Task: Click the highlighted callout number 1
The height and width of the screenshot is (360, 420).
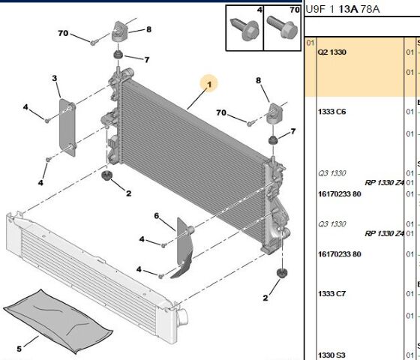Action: click(209, 84)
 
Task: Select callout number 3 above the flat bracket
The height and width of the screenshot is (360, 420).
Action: click(54, 78)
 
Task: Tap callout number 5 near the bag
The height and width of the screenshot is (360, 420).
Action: click(19, 349)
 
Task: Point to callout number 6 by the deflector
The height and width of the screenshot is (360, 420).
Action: click(157, 216)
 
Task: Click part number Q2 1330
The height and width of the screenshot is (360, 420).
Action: click(331, 52)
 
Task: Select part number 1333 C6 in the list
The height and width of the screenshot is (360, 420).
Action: click(331, 112)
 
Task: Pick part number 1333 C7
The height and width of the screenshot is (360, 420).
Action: click(331, 293)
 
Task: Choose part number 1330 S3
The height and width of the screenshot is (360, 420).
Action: click(331, 355)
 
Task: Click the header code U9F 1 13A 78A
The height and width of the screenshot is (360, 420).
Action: click(343, 9)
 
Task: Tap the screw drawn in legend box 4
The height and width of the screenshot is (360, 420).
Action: click(244, 29)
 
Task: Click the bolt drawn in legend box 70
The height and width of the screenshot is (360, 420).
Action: click(282, 27)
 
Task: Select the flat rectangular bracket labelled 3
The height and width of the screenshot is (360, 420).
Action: click(67, 127)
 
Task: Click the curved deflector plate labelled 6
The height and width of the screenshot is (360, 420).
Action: click(184, 247)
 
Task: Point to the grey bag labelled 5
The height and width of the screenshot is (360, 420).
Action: click(58, 321)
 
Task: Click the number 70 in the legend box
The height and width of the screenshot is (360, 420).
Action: click(295, 10)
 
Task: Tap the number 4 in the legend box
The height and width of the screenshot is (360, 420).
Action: click(259, 10)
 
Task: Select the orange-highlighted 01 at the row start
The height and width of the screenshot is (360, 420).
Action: click(310, 43)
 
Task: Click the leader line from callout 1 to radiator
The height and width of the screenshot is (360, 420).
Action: click(196, 99)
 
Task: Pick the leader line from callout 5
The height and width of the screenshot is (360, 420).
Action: click(31, 341)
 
